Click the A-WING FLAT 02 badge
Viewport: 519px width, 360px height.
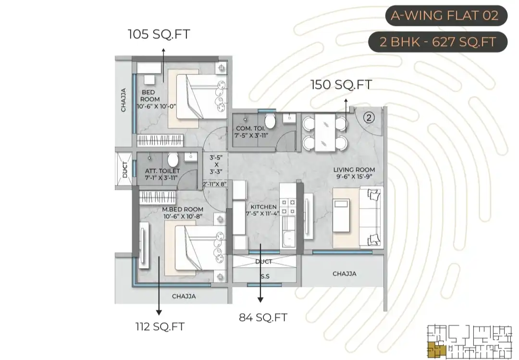pyautogui.click(x=446, y=15)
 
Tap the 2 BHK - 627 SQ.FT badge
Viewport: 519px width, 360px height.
pyautogui.click(x=438, y=42)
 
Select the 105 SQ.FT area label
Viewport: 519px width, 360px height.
pyautogui.click(x=159, y=34)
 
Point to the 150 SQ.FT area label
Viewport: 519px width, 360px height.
pyautogui.click(x=341, y=85)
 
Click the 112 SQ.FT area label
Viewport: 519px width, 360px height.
pyautogui.click(x=160, y=326)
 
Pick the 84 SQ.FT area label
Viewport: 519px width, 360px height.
pyautogui.click(x=263, y=318)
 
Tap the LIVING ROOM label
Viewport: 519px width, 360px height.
pyautogui.click(x=354, y=170)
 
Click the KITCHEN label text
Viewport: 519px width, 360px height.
pyautogui.click(x=263, y=207)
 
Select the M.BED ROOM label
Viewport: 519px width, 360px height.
pyautogui.click(x=183, y=209)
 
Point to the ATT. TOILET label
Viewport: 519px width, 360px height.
pyautogui.click(x=162, y=171)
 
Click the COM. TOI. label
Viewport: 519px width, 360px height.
pyautogui.click(x=250, y=128)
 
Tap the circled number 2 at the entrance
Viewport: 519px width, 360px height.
pyautogui.click(x=369, y=118)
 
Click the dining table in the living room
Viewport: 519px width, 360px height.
pyautogui.click(x=324, y=133)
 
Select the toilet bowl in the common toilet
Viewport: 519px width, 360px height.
pyautogui.click(x=270, y=121)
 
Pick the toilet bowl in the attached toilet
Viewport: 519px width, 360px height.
pyautogui.click(x=173, y=160)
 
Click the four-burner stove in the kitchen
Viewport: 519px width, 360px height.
pyautogui.click(x=288, y=207)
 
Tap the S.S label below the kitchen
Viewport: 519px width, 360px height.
pyautogui.click(x=265, y=276)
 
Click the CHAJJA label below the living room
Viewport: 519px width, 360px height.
pyautogui.click(x=344, y=274)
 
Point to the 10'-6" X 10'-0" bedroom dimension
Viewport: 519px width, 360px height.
pyautogui.click(x=157, y=106)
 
